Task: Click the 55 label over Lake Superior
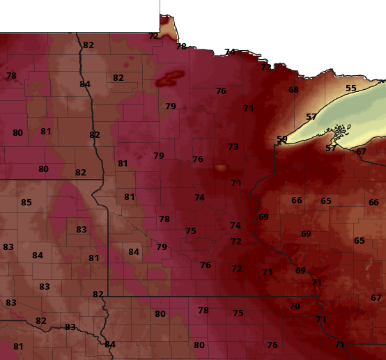tap(351, 88)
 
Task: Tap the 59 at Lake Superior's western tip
tap(281, 139)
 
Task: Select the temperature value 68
tap(293, 90)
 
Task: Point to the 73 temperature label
tap(233, 147)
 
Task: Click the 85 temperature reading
tap(26, 203)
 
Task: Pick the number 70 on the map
tap(295, 306)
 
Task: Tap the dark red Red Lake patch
tap(171, 77)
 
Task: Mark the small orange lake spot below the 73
tap(220, 168)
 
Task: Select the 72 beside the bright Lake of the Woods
tap(153, 36)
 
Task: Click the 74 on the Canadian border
tap(230, 52)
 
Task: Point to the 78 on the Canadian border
tap(181, 47)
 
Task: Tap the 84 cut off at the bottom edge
tap(110, 344)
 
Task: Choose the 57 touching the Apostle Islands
tap(331, 148)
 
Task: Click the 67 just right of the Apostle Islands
tap(361, 152)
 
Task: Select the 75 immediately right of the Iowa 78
tap(238, 313)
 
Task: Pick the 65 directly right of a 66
tap(326, 201)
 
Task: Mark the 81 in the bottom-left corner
tap(18, 347)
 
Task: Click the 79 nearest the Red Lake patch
tap(171, 107)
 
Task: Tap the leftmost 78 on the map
tap(11, 76)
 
